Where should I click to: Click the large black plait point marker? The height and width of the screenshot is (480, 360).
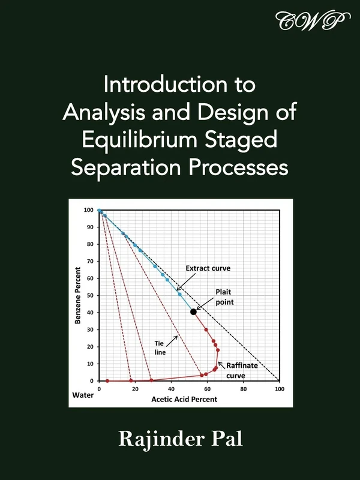pyautogui.click(x=193, y=311)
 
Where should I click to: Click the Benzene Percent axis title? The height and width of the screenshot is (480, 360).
pyautogui.click(x=78, y=295)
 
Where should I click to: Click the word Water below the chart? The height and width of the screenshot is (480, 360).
pyautogui.click(x=82, y=396)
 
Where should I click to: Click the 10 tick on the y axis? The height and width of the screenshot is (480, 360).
pyautogui.click(x=90, y=364)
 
